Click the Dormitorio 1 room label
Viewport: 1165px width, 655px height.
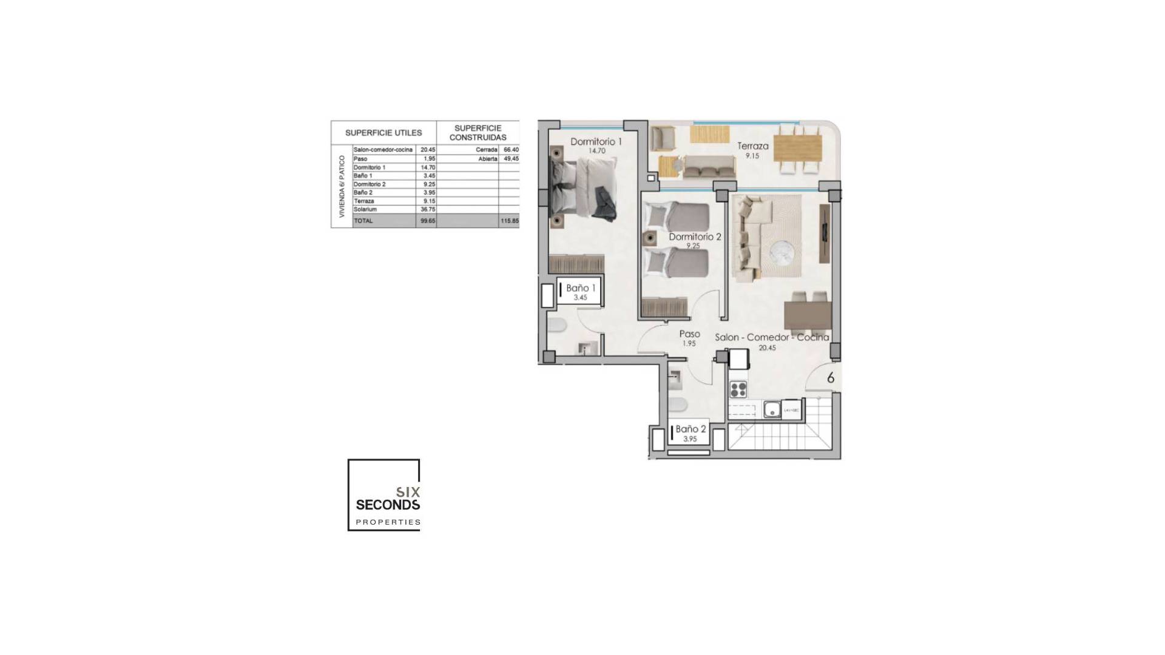[x=596, y=142]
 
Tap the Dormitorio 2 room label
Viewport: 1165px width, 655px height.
[x=695, y=237]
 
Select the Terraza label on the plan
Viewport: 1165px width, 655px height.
[x=752, y=146]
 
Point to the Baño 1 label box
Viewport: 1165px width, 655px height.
[x=580, y=291]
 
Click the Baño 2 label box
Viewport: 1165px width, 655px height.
[x=690, y=432]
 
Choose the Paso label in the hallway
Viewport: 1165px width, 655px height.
[x=689, y=334]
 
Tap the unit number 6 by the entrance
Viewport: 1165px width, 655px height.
[x=831, y=378]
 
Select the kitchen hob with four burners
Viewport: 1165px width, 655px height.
[x=738, y=389]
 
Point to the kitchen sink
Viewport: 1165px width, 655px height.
[x=772, y=410]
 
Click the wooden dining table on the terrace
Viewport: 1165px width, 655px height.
[x=798, y=147]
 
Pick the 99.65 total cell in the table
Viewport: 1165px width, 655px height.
[x=428, y=221]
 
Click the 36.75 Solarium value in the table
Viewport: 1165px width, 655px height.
[x=428, y=209]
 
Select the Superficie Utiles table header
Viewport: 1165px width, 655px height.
[x=383, y=133]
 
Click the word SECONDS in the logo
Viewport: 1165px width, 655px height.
[x=388, y=505]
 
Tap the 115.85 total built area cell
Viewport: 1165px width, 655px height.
[x=510, y=221]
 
